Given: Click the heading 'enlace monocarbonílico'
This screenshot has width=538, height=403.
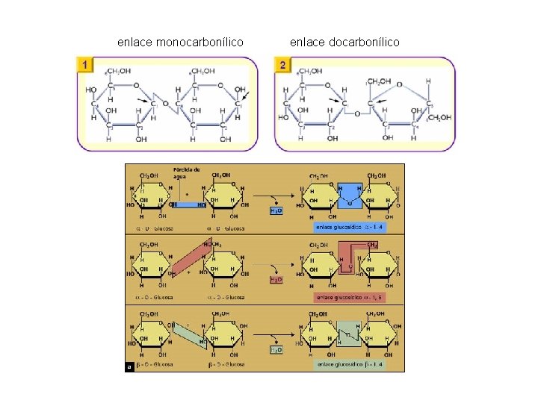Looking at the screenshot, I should click(x=180, y=42).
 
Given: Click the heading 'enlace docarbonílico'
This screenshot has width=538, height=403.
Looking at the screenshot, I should click(x=344, y=42).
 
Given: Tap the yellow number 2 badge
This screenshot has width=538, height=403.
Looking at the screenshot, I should click(x=282, y=66).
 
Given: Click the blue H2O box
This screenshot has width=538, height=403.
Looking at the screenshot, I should click(x=276, y=211).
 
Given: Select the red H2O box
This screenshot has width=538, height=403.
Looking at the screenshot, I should click(x=276, y=279).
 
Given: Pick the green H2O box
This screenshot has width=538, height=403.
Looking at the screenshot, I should click(x=276, y=349).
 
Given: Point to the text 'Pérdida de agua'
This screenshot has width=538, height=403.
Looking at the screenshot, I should click(x=187, y=173).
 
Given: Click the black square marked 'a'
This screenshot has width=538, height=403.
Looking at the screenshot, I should click(x=130, y=366).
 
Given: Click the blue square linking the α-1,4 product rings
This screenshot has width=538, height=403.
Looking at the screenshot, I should click(x=350, y=196).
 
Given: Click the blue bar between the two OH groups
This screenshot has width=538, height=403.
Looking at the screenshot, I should click(x=188, y=204).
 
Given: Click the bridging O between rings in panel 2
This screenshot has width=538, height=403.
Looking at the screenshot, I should click(x=358, y=113).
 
